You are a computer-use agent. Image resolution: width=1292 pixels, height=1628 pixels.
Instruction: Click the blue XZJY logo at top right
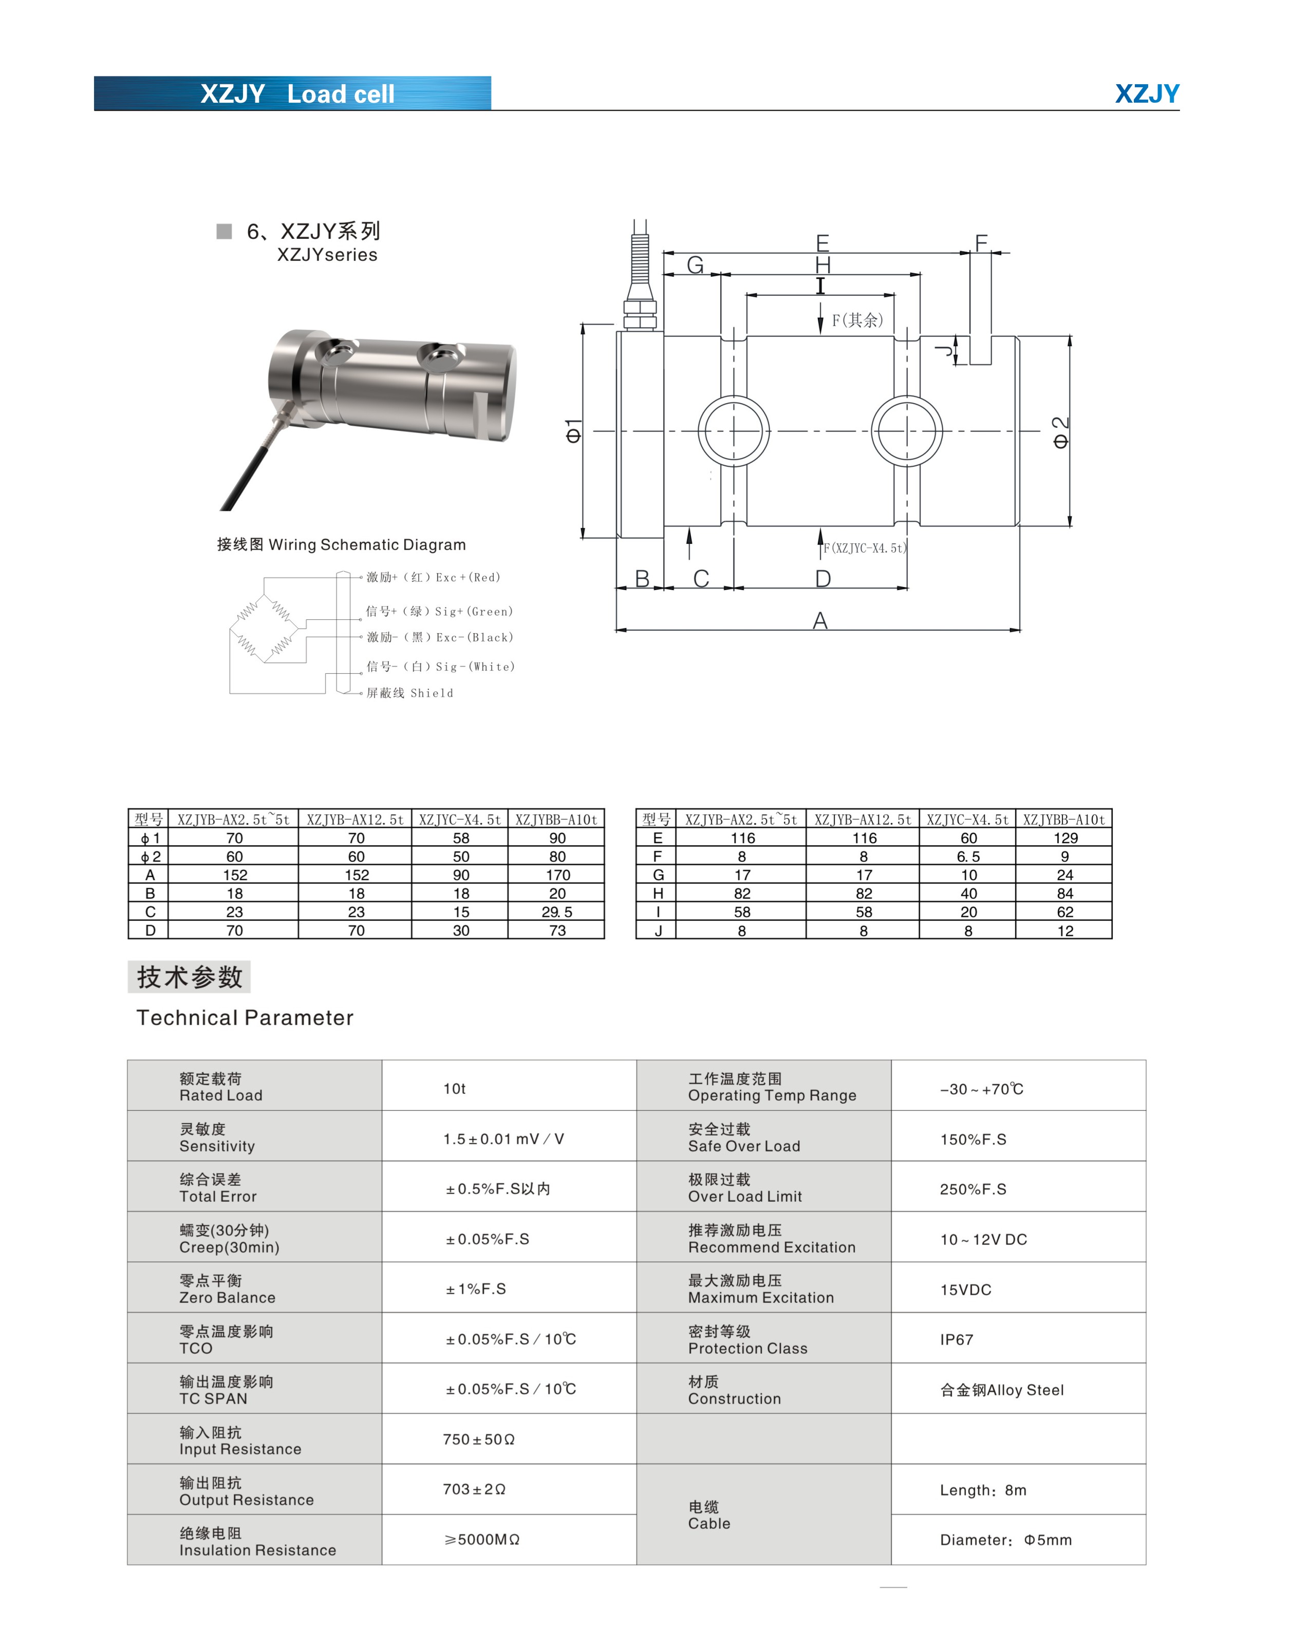pos(1146,93)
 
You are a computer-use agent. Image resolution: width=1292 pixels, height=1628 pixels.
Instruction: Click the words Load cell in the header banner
pos(341,94)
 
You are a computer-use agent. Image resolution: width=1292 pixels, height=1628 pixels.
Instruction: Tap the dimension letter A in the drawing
pos(819,621)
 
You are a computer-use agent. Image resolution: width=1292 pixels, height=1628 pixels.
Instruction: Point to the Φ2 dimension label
pos(1060,432)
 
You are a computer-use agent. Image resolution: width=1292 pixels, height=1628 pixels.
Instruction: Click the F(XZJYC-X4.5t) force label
pos(865,548)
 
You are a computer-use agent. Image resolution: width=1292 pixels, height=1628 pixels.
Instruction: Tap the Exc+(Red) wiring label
pos(434,578)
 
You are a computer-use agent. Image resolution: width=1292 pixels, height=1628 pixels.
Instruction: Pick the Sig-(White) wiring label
pos(440,667)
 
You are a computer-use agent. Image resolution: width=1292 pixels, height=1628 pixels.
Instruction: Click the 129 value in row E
pos(1065,838)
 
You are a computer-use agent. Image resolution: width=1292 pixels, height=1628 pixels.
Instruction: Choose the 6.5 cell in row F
pos(968,856)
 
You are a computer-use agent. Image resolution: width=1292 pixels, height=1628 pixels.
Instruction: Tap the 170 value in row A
pos(557,875)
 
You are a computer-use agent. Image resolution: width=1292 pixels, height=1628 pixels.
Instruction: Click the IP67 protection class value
pos(956,1339)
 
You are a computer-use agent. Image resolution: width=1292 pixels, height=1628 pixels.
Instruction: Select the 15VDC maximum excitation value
pos(965,1290)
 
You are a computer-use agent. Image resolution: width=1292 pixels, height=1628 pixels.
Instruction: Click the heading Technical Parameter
pos(245,1018)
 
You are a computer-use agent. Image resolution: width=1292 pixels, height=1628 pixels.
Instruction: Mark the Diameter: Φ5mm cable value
pos(1005,1540)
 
